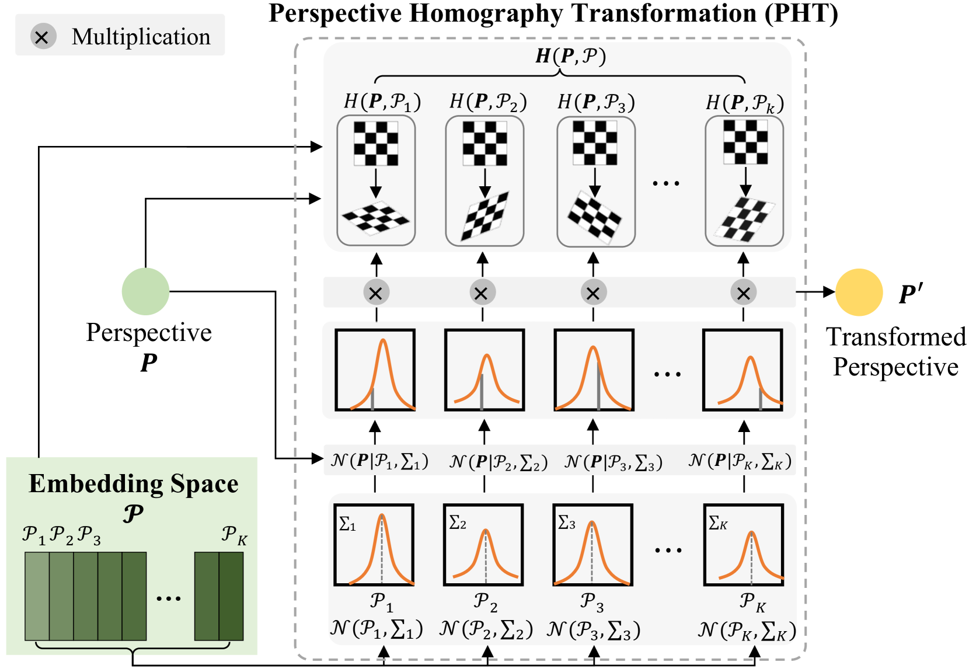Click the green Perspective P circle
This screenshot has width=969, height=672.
[x=145, y=291]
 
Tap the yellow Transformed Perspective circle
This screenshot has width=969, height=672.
[x=859, y=292]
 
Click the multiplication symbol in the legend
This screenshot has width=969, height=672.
[x=43, y=37]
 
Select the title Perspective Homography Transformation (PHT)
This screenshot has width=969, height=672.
[x=553, y=13]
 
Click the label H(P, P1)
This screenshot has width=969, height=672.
[x=382, y=102]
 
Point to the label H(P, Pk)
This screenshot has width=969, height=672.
[x=744, y=103]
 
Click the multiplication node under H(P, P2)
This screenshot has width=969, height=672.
[x=482, y=293]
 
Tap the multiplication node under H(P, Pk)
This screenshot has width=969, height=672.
[x=743, y=293]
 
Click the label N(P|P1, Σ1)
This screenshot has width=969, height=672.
[x=379, y=461]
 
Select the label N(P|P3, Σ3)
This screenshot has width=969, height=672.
[x=614, y=462]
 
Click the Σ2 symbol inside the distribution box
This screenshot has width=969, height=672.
[x=458, y=523]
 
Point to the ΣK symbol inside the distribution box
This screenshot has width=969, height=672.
[x=717, y=523]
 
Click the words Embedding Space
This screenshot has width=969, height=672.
[x=133, y=484]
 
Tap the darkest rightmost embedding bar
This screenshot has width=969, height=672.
[x=231, y=596]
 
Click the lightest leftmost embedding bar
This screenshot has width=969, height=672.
[x=37, y=596]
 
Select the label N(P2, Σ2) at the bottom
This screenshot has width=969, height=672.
[x=486, y=629]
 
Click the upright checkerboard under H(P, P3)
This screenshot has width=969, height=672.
[x=595, y=143]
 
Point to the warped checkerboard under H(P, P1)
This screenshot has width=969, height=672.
[x=376, y=218]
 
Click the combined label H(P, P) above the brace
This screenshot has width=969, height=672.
[x=570, y=56]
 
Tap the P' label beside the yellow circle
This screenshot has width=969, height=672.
[x=911, y=294]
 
